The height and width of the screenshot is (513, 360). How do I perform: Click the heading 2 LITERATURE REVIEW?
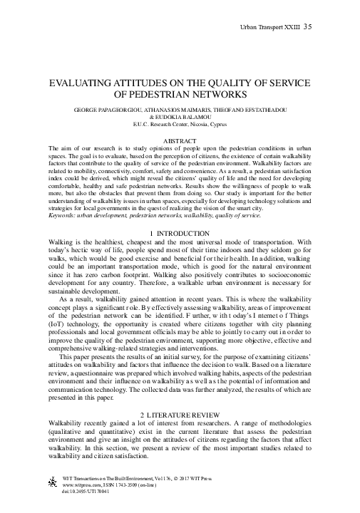180,414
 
